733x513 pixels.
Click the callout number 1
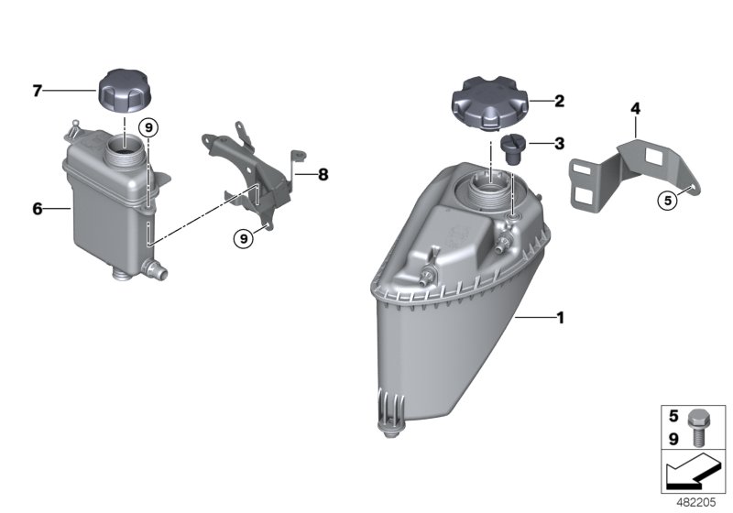(x=559, y=318)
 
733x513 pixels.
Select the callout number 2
(x=559, y=102)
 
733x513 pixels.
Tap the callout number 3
(x=559, y=143)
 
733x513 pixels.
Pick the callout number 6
(x=38, y=209)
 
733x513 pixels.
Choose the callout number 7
(x=38, y=90)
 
